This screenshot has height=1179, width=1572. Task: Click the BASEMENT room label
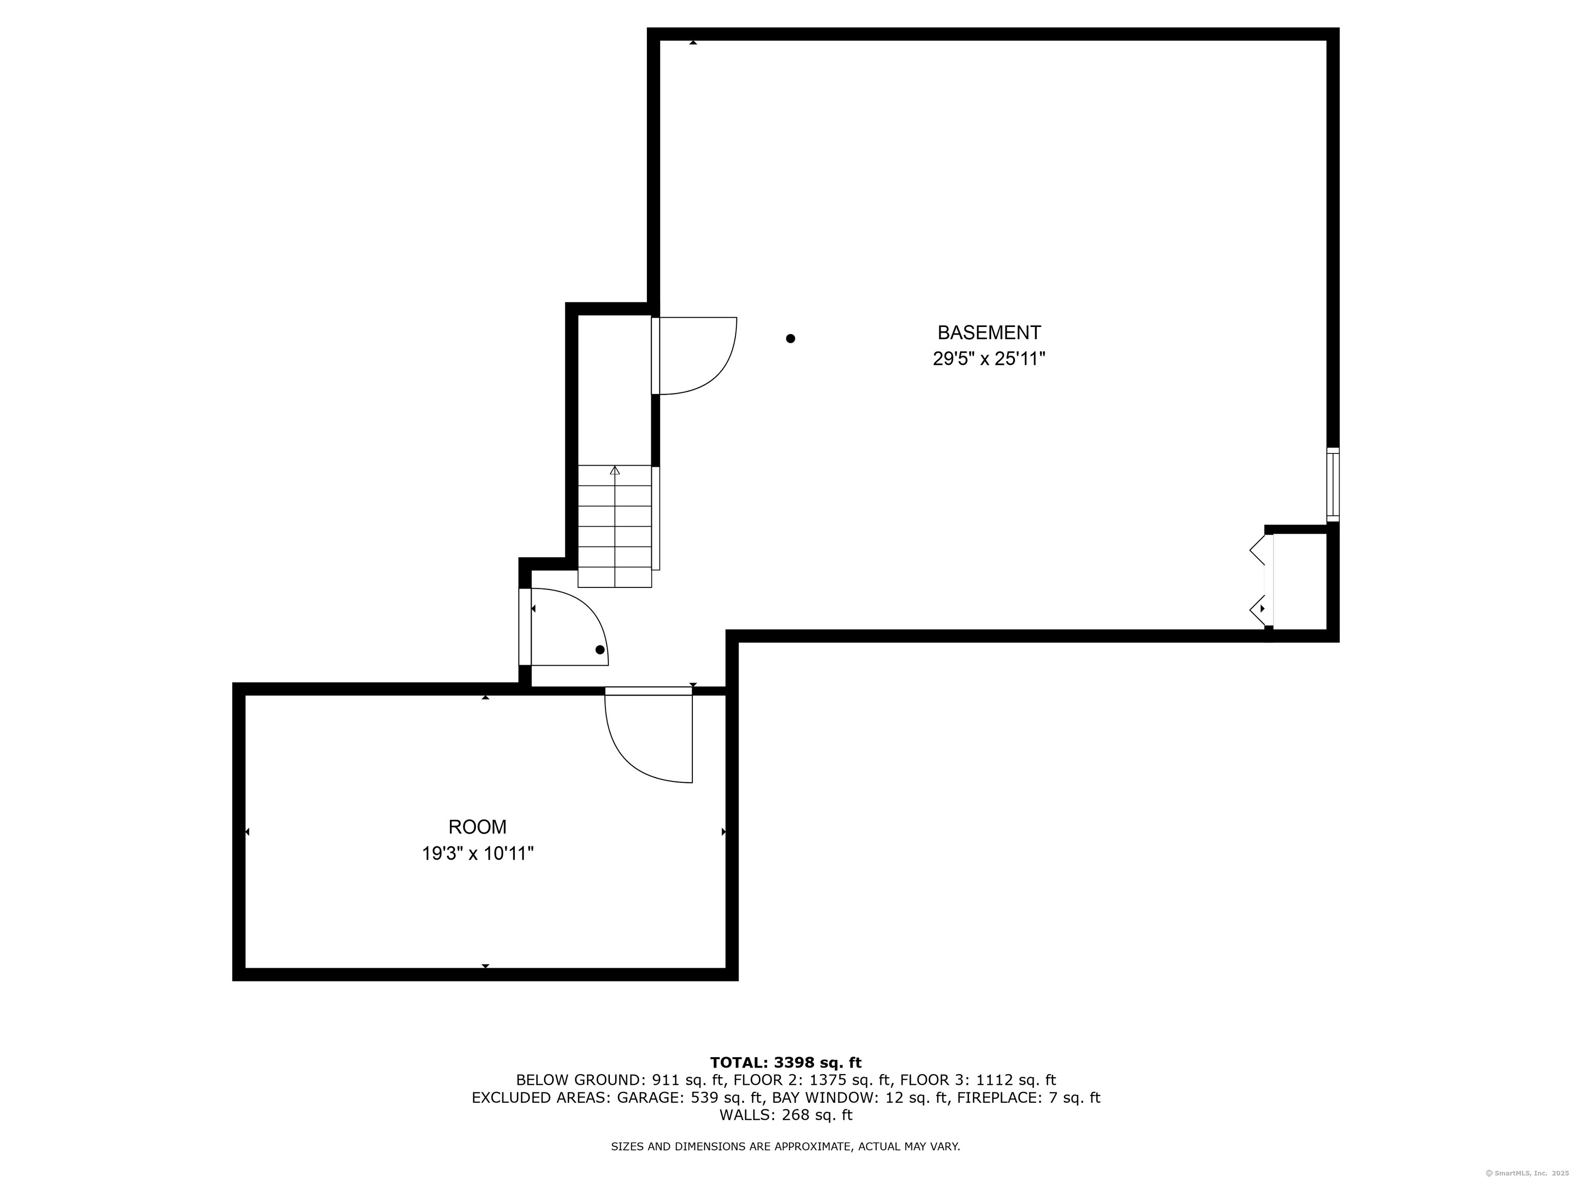[x=989, y=333]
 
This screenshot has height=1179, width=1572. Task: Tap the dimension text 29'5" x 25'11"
[x=989, y=359]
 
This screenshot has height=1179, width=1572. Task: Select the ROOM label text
[x=477, y=827]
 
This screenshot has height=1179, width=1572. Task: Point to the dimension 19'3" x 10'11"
[x=477, y=854]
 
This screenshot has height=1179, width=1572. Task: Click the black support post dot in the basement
[x=790, y=338]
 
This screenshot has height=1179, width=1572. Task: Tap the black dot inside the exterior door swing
[x=600, y=649]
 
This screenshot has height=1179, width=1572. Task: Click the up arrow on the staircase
[x=615, y=470]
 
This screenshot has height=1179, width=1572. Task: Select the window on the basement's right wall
[x=1333, y=485]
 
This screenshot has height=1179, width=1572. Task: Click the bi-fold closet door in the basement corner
[x=1259, y=580]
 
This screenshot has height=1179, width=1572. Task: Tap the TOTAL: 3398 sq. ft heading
[x=785, y=1062]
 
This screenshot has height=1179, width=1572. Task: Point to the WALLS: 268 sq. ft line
[x=785, y=1115]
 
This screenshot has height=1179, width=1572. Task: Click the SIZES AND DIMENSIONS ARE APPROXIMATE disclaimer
[x=785, y=1146]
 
